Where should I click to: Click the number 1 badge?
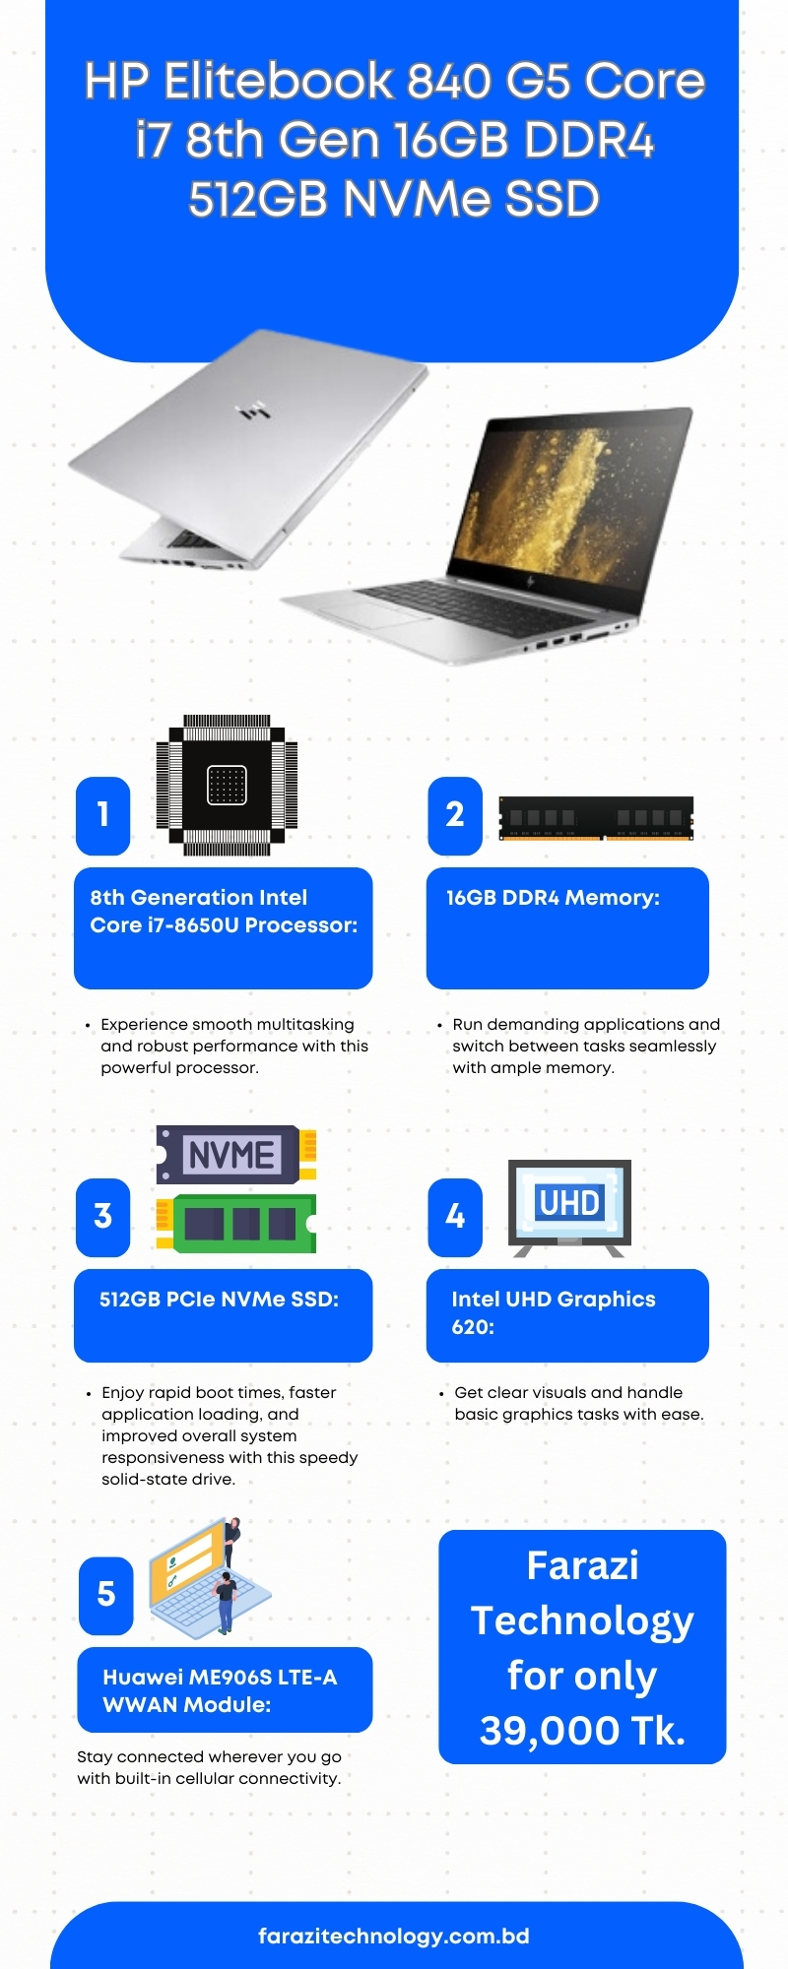point(103,815)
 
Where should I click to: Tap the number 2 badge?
point(455,815)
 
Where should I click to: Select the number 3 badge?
point(103,1217)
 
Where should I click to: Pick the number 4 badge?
point(455,1217)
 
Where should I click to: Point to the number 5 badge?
point(106,1595)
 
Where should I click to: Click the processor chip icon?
point(227,785)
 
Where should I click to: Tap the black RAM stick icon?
point(596,819)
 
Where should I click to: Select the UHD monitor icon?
point(569,1208)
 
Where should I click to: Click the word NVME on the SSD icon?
point(231,1155)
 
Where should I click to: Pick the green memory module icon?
point(237,1224)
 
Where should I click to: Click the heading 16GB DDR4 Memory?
point(553,898)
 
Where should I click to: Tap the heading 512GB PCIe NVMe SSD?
point(219,1300)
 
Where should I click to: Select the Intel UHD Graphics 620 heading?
point(554,1313)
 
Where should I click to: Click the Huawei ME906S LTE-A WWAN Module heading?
point(220,1691)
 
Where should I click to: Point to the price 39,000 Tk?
point(582,1731)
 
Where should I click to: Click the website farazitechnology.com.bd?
point(394,1937)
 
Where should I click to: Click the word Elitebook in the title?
point(278,81)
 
